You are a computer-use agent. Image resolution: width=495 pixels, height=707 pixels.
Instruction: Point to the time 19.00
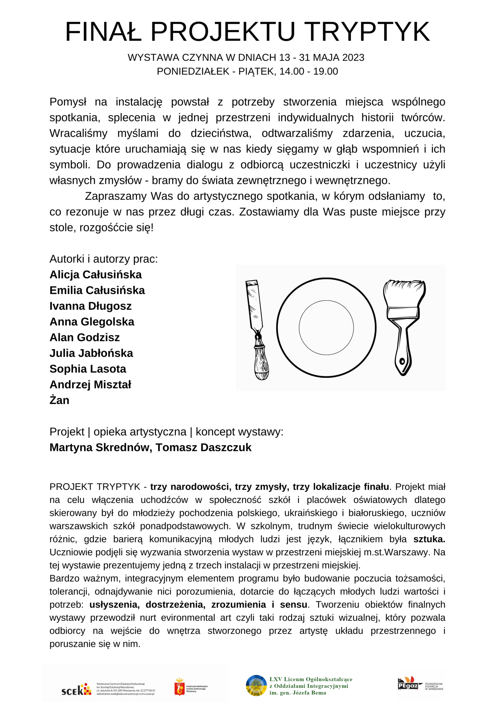(326, 71)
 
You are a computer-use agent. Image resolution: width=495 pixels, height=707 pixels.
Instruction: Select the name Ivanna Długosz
(90, 306)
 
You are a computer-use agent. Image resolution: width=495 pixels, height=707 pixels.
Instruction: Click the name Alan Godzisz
(85, 337)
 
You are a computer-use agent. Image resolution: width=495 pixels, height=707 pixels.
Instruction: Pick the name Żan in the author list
(59, 400)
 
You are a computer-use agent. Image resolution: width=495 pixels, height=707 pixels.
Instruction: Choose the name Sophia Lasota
(88, 369)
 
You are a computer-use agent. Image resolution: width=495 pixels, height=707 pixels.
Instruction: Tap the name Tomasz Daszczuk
(203, 447)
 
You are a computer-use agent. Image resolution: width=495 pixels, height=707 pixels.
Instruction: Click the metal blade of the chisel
(254, 304)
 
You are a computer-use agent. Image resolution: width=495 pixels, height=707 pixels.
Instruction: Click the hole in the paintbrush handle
(402, 361)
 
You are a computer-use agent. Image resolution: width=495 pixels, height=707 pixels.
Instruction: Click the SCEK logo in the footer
(76, 689)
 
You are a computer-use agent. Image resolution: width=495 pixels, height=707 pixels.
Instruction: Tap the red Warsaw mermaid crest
(179, 686)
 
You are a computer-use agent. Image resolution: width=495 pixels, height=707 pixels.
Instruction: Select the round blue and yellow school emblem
(256, 686)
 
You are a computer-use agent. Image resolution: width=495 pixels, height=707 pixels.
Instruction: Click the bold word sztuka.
(429, 539)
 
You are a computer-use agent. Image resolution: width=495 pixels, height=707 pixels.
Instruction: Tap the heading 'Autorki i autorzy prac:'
(104, 259)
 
